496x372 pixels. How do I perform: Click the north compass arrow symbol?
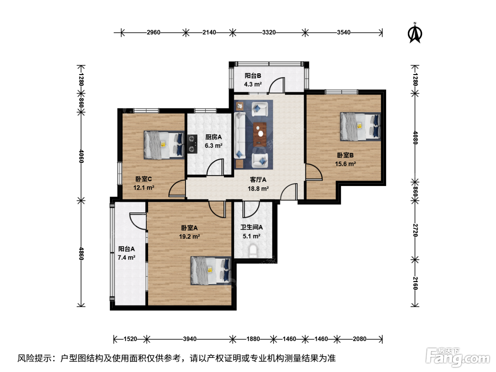(415, 33)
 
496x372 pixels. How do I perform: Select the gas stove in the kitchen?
(192, 144)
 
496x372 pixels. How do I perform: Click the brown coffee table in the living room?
(260, 134)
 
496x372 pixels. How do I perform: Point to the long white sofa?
(240, 135)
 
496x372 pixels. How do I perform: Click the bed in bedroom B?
(360, 126)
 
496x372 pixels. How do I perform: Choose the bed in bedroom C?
(164, 145)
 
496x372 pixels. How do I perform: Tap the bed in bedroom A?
(210, 270)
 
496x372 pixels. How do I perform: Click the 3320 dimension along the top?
(269, 33)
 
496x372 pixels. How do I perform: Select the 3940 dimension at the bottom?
(190, 339)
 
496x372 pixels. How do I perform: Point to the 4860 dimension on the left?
(81, 254)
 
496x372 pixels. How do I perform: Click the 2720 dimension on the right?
(415, 230)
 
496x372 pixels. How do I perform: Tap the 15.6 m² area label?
(345, 164)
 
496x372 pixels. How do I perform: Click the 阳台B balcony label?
(253, 75)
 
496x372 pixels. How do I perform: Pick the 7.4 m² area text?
(126, 258)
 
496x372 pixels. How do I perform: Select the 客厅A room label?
(258, 180)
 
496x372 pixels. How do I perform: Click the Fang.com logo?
(458, 357)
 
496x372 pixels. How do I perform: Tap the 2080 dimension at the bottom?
(360, 339)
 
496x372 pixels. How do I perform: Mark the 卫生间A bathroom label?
(252, 227)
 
